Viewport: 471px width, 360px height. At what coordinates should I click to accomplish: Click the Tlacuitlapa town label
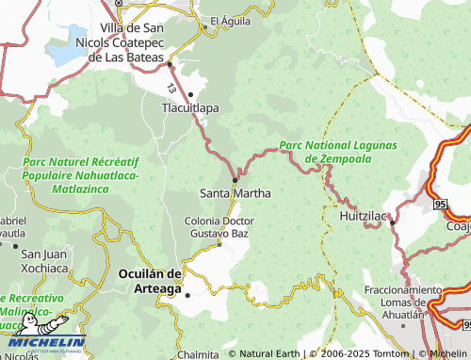coord(191,108)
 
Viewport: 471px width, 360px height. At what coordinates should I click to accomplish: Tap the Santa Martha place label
coord(235,193)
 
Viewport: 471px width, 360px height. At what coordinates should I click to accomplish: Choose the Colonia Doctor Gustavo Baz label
coord(219,226)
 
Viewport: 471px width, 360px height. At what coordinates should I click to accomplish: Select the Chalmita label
coord(198,355)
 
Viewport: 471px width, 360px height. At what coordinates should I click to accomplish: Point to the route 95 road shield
coord(442,204)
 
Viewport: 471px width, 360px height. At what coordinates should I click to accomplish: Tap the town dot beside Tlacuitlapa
coord(191,93)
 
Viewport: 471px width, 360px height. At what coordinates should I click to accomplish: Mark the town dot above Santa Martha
coord(235,179)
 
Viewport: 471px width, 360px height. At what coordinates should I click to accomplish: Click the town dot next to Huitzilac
coord(392,221)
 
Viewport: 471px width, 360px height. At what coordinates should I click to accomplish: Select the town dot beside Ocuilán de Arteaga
coord(187,295)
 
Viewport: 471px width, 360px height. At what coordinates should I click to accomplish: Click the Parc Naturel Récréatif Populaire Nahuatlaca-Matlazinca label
coord(80,175)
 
